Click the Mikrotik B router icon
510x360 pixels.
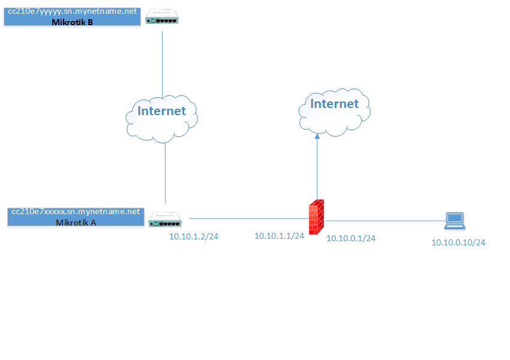[162, 19]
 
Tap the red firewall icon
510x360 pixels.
[317, 217]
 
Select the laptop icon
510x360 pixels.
[454, 221]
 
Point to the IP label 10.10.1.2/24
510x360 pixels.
[193, 237]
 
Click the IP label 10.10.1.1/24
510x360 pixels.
[279, 236]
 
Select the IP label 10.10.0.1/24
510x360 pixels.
[351, 238]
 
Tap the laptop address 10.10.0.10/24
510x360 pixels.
[458, 243]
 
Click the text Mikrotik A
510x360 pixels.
[76, 222]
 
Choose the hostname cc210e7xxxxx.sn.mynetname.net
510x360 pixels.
[76, 212]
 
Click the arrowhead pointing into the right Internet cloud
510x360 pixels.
[317, 137]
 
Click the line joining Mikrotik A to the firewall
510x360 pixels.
[246, 219]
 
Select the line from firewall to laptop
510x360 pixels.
[384, 220]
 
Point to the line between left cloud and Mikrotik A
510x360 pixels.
[165, 174]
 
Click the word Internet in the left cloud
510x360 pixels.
[162, 111]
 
